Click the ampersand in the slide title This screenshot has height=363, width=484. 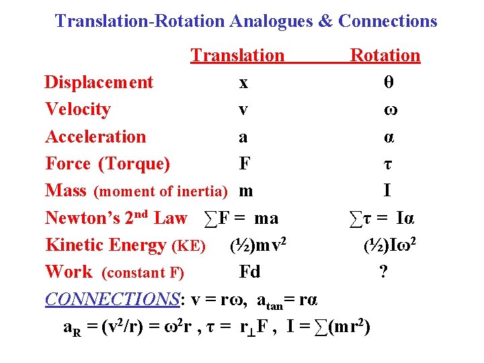(325, 21)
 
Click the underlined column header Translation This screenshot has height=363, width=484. (237, 55)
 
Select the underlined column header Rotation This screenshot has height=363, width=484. (385, 55)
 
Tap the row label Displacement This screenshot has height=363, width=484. (99, 83)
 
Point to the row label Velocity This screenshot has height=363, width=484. (78, 110)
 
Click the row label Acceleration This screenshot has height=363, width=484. (95, 136)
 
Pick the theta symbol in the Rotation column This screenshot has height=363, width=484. (388, 83)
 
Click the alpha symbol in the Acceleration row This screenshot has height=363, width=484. (389, 137)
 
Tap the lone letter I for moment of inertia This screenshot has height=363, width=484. (387, 191)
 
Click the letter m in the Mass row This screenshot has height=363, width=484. (246, 192)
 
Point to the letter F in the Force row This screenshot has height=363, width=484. (245, 164)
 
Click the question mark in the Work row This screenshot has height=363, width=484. (383, 272)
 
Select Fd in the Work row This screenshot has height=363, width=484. (249, 272)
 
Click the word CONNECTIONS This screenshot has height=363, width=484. (112, 298)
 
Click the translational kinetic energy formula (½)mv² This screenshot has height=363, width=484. (259, 245)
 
